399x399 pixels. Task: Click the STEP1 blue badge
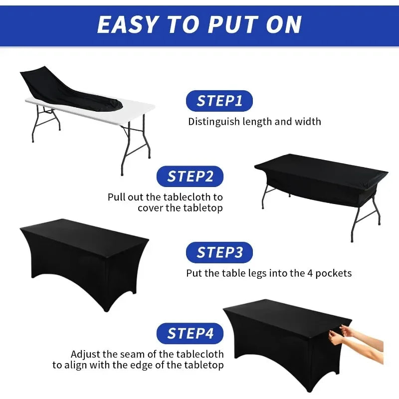[x=219, y=101]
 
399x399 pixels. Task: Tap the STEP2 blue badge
[x=190, y=177]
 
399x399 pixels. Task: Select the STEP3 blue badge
[x=219, y=252]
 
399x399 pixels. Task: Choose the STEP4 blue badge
[x=190, y=333]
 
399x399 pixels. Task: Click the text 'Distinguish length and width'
[x=254, y=121]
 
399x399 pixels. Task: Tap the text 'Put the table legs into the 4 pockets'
[x=269, y=273]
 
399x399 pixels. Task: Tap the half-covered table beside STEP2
[x=319, y=180]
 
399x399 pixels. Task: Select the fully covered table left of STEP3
[x=85, y=254]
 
